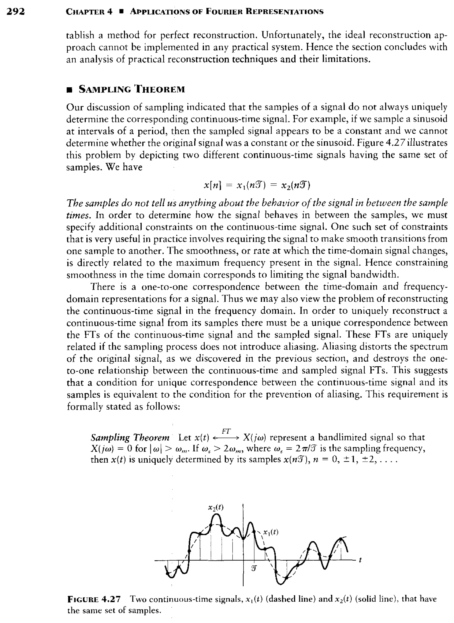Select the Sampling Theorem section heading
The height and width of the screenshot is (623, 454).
[132, 89]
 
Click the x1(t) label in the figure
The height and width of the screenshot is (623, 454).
[271, 532]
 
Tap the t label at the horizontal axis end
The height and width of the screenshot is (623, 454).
[360, 560]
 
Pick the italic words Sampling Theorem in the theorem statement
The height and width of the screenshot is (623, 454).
[130, 437]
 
